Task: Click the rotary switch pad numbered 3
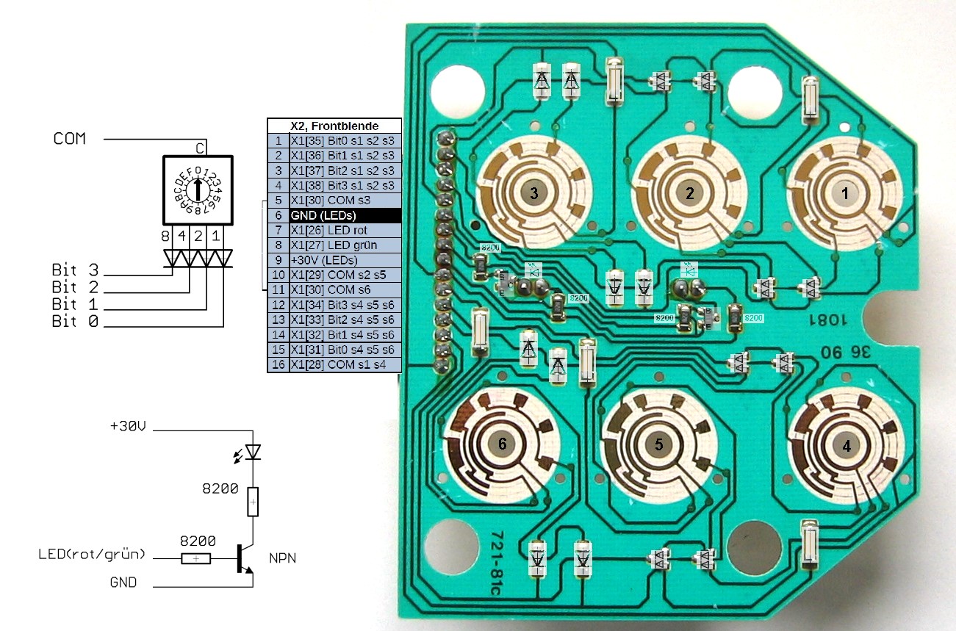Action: point(534,192)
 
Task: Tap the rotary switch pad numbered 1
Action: point(844,193)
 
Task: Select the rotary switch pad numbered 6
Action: point(503,443)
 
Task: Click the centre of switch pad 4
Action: point(846,445)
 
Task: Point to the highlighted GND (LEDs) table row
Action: point(334,216)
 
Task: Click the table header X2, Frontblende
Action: point(334,126)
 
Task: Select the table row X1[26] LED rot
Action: point(334,231)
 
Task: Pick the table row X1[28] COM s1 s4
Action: point(334,365)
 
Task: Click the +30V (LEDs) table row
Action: point(334,260)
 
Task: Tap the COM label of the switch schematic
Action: point(69,138)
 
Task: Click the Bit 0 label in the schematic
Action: point(74,322)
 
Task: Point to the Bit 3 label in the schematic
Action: point(74,269)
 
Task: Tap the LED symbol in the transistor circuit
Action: point(252,452)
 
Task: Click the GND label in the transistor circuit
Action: point(123,583)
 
